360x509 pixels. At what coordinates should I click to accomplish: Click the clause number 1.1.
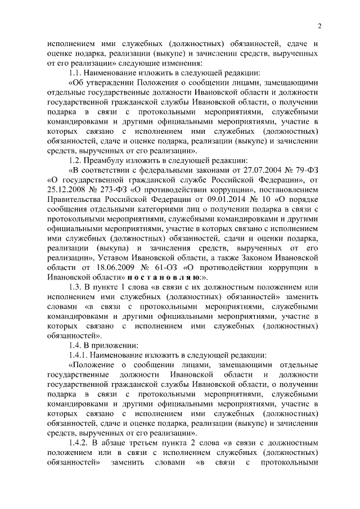76,73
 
